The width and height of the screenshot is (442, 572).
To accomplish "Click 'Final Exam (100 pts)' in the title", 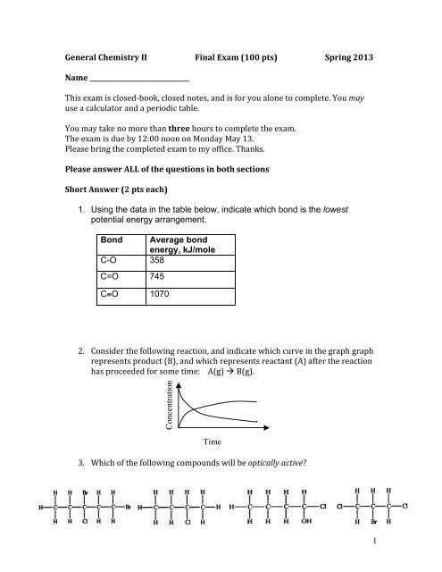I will (230, 56).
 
